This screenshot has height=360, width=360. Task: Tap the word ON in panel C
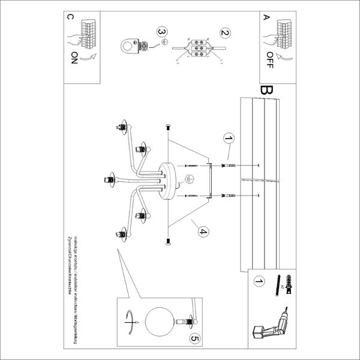click(74, 58)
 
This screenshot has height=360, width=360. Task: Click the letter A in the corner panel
click(265, 18)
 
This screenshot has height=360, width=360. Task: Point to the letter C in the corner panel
click(72, 18)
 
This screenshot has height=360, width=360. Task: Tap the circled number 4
click(203, 232)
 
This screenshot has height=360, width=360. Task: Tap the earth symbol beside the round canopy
click(187, 179)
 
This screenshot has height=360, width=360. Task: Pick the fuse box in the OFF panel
click(281, 29)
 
